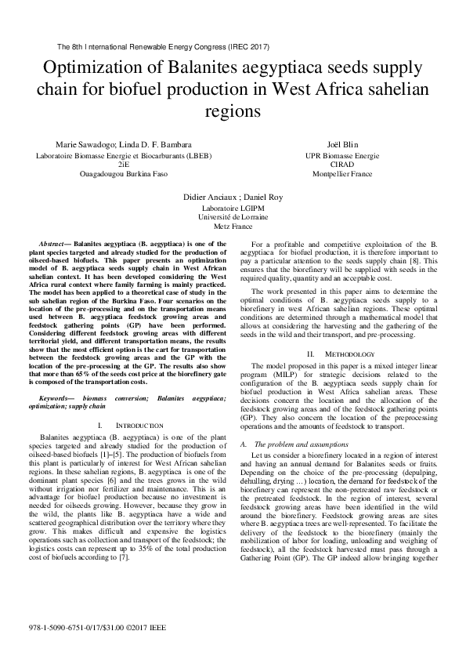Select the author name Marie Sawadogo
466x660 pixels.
(82, 145)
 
